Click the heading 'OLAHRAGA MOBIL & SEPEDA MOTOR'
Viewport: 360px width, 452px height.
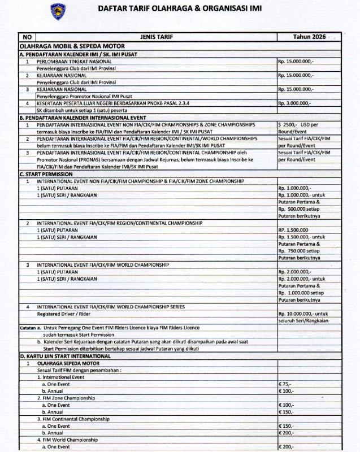tap(72, 45)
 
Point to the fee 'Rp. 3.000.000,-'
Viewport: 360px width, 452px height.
tap(294, 103)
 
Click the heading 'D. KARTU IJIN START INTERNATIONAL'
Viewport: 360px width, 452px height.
tap(65, 357)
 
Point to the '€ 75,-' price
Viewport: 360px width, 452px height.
tap(285, 383)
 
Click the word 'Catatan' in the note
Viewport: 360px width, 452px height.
tap(28, 327)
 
